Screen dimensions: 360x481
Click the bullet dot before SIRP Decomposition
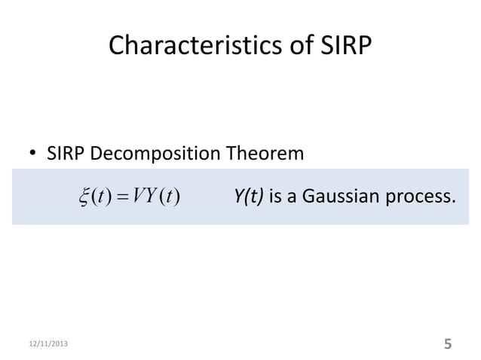pos(32,156)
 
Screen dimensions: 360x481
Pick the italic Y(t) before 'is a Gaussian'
pos(248,197)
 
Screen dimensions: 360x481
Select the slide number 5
pos(448,344)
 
